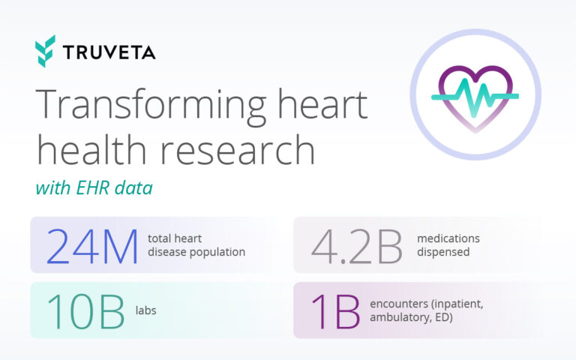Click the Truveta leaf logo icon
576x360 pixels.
pos(45,51)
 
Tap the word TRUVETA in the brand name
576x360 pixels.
pos(109,52)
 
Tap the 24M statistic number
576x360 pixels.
pos(93,246)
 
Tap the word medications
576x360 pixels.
pos(448,238)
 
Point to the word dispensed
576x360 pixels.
pos(443,252)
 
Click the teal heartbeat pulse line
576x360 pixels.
pos(475,96)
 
